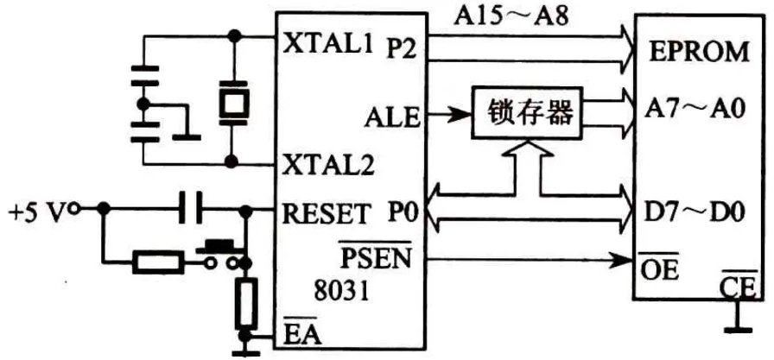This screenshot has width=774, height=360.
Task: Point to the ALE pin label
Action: click(x=392, y=115)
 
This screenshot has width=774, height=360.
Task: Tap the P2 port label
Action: click(x=401, y=49)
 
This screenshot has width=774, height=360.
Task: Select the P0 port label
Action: click(x=398, y=211)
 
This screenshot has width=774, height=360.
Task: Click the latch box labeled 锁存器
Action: click(x=522, y=114)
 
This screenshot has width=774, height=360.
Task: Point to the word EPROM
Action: click(x=700, y=52)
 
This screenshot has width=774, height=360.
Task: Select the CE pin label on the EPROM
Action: click(x=737, y=285)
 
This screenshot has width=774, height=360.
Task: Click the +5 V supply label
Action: click(x=37, y=210)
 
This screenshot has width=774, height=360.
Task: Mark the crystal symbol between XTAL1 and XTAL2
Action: click(x=232, y=102)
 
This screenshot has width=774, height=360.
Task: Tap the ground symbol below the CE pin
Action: click(x=737, y=327)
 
